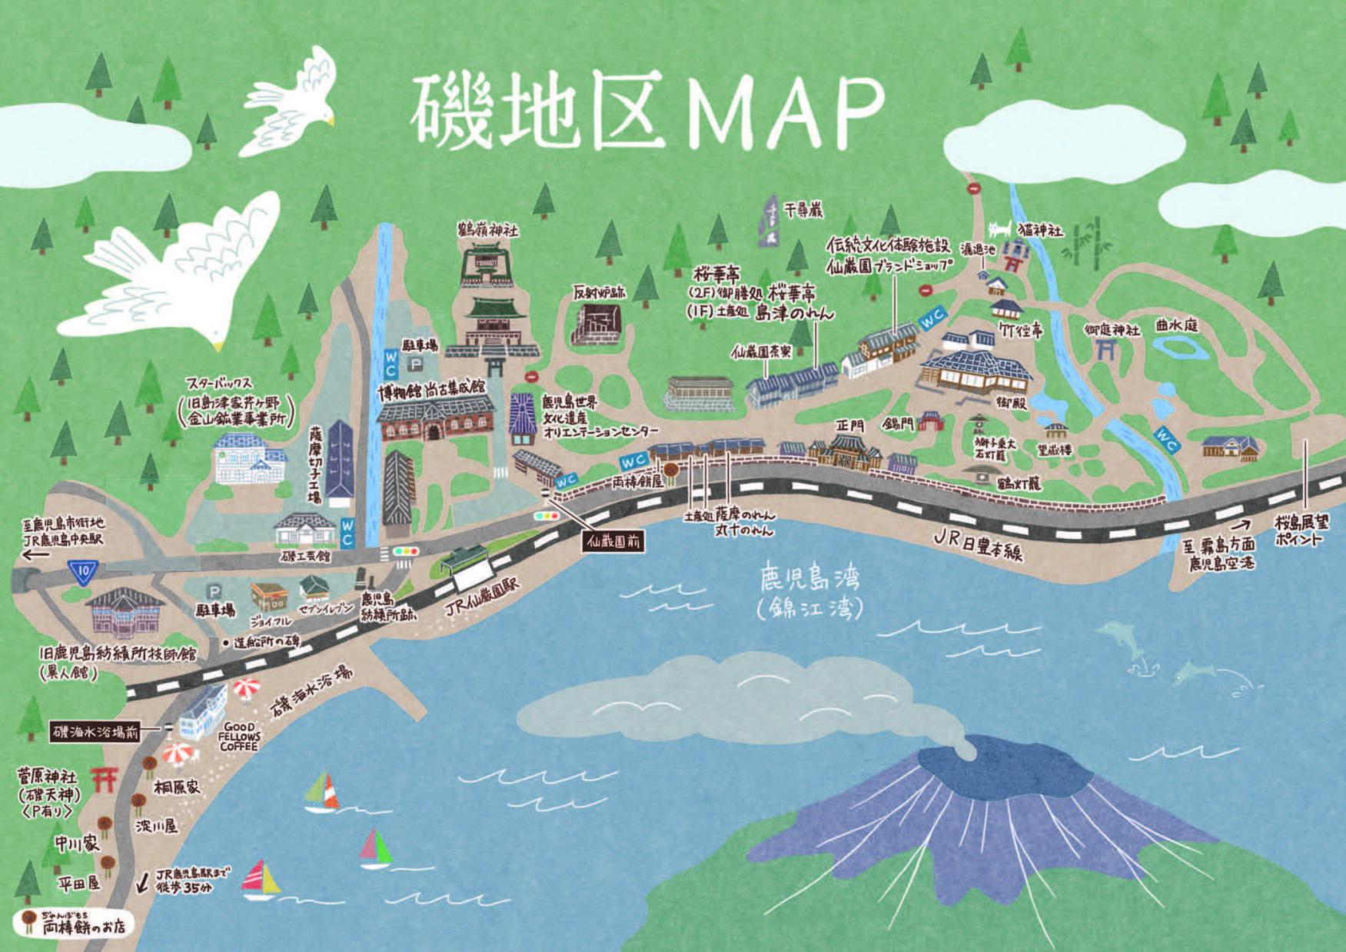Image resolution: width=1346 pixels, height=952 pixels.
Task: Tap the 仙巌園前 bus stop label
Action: pyautogui.click(x=613, y=541)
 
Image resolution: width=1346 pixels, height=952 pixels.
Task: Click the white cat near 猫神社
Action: pyautogui.click(x=999, y=228)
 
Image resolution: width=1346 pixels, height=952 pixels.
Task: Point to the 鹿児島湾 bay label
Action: pyautogui.click(x=809, y=577)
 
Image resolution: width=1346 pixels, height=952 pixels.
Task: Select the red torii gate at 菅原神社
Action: pyautogui.click(x=104, y=779)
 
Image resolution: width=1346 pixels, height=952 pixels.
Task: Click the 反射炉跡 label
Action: pyautogui.click(x=599, y=292)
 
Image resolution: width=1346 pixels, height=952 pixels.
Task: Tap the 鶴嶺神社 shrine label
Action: pyautogui.click(x=487, y=229)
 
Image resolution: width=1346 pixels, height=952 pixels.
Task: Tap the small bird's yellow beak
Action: pyautogui.click(x=331, y=121)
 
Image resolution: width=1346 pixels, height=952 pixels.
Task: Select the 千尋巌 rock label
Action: pyautogui.click(x=803, y=208)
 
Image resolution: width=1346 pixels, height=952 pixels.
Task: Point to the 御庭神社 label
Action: pyautogui.click(x=1112, y=329)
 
